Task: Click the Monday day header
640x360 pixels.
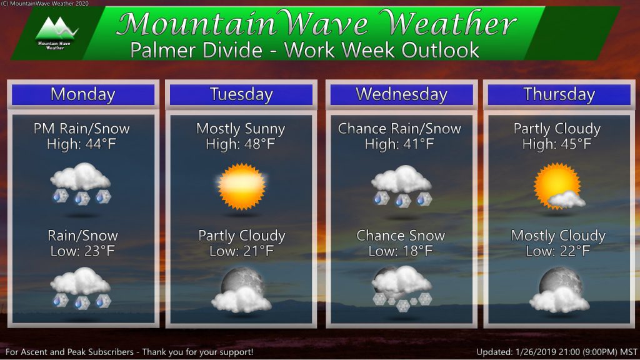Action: (x=83, y=95)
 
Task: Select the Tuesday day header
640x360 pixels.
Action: (x=241, y=95)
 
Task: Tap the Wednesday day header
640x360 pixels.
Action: (x=401, y=95)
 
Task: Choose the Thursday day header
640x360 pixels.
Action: (x=559, y=95)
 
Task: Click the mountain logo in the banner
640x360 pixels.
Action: (x=56, y=32)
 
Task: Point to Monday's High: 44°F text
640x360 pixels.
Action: (x=82, y=144)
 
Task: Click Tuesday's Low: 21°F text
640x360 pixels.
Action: (x=241, y=251)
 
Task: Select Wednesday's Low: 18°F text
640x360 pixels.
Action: (x=401, y=251)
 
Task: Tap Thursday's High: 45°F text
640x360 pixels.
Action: (x=557, y=144)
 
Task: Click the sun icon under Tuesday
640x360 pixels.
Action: (x=241, y=186)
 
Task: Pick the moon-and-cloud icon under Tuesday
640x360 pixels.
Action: (x=241, y=291)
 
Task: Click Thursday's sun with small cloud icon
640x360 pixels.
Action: (x=559, y=186)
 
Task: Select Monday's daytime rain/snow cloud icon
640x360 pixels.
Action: (x=81, y=184)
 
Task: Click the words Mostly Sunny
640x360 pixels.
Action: (x=241, y=129)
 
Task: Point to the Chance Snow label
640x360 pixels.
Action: (x=401, y=236)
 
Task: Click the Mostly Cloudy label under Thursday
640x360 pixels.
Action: (x=558, y=236)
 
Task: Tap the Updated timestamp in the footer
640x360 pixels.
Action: (x=556, y=352)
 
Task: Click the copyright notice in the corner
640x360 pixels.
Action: (x=45, y=3)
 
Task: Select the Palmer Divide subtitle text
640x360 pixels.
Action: (x=304, y=50)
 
